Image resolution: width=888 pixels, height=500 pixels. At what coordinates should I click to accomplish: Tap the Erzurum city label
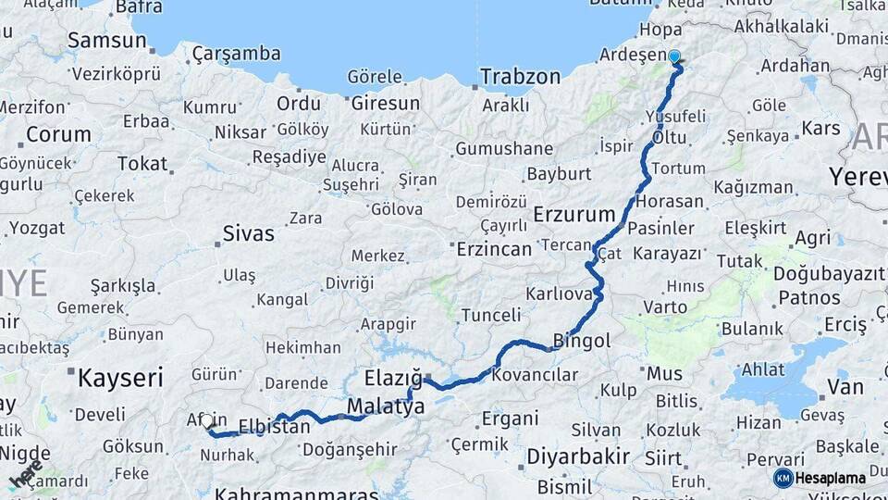574,215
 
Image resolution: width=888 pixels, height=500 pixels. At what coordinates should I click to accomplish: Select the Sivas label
248,233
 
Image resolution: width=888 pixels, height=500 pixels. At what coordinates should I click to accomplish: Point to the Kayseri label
120,377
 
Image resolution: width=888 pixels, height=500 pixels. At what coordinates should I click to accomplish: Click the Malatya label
386,406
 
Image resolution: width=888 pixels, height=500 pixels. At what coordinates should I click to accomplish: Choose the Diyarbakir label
578,456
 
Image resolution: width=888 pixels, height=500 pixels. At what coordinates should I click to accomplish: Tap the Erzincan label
494,249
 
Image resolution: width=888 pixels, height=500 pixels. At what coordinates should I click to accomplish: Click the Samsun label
107,40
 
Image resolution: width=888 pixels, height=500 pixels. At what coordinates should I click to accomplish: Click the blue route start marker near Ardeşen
674,57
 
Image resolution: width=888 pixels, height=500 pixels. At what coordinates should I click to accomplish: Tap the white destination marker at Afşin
208,422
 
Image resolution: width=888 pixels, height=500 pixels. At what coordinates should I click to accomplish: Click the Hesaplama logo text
831,479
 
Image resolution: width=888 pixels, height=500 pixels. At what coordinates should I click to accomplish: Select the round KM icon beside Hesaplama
783,479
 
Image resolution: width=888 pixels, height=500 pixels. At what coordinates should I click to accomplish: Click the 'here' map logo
25,473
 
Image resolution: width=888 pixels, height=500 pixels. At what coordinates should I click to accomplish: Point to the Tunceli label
491,315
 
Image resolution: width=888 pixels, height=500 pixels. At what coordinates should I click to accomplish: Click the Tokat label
142,164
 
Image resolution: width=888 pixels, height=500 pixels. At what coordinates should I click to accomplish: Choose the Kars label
820,127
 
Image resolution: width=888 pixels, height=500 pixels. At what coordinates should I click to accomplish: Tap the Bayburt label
559,173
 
